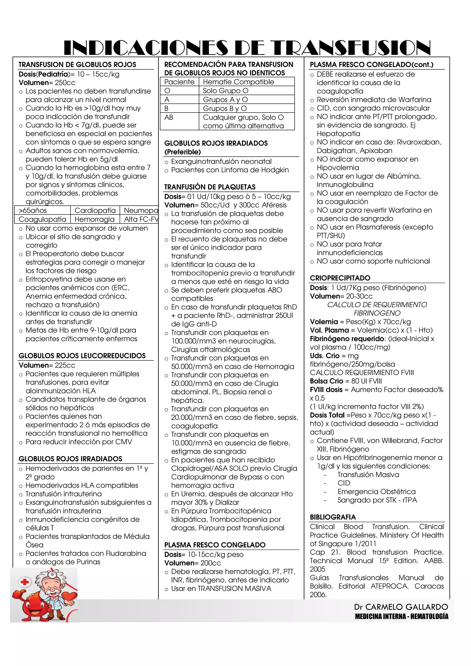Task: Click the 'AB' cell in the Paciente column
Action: click(169, 117)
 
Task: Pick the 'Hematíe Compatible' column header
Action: click(238, 82)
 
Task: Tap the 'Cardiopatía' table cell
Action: click(95, 211)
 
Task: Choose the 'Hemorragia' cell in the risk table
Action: click(94, 219)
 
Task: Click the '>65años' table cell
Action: click(33, 211)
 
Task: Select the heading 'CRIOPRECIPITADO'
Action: click(340, 278)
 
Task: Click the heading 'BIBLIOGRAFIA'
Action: click(333, 517)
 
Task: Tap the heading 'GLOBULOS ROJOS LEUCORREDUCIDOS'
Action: click(82, 356)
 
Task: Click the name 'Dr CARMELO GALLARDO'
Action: click(401, 607)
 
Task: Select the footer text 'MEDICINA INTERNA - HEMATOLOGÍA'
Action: click(402, 616)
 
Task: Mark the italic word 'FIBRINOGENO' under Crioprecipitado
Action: click(377, 313)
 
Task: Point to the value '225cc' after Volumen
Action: click(65, 365)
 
